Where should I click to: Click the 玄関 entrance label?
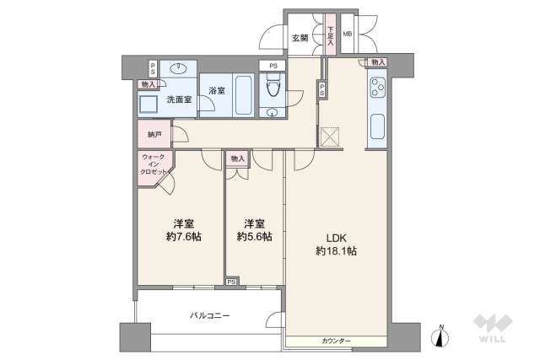click(300, 38)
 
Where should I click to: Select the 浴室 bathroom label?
click(216, 90)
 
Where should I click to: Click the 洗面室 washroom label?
click(178, 99)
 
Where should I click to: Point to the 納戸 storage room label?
click(154, 134)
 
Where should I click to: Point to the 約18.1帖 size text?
click(337, 251)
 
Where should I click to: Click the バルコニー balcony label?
click(209, 315)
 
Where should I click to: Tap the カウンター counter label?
click(336, 341)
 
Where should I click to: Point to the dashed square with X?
click(329, 137)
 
